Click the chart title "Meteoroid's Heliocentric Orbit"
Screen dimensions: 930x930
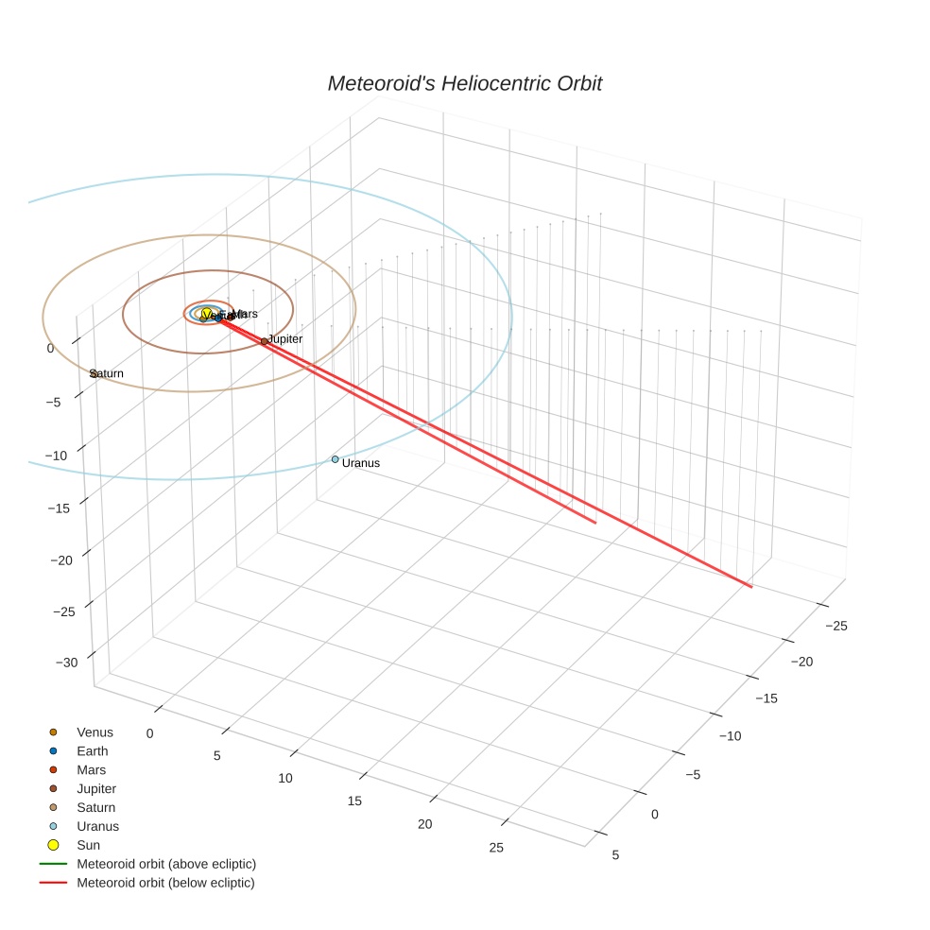click(x=464, y=84)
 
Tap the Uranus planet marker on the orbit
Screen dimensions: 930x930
click(x=336, y=459)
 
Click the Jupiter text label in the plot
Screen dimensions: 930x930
click(x=285, y=338)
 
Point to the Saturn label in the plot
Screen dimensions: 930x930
click(x=107, y=373)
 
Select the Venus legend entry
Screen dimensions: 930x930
click(x=95, y=732)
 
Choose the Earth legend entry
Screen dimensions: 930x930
click(x=93, y=751)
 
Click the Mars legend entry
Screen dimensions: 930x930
click(x=92, y=770)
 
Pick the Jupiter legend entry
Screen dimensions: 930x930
click(x=96, y=788)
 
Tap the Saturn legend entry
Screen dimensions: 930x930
click(x=95, y=807)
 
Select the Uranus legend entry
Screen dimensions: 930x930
click(x=97, y=826)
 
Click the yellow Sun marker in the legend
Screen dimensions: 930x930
click(x=54, y=845)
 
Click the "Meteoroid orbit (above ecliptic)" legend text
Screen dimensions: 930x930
click(x=166, y=864)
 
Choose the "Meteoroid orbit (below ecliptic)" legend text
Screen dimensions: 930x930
click(x=165, y=883)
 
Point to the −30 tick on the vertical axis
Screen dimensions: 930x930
click(x=66, y=663)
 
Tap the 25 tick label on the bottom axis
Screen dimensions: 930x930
click(x=496, y=848)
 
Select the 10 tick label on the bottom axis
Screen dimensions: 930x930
click(x=285, y=778)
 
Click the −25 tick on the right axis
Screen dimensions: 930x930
click(x=836, y=626)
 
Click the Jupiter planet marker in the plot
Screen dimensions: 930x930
click(x=265, y=341)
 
